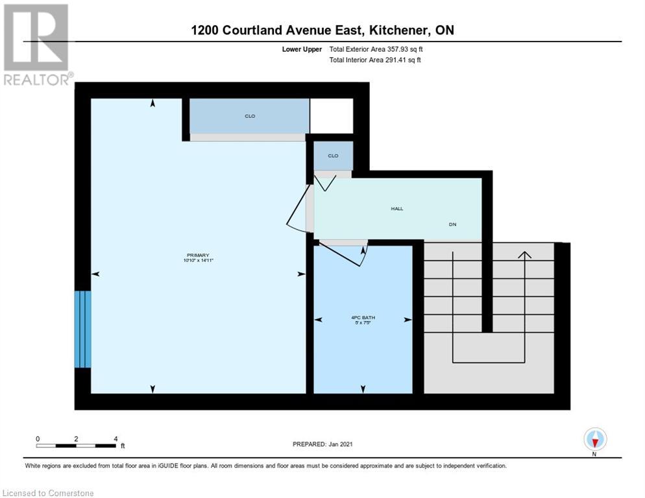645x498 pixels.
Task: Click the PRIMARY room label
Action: click(x=198, y=255)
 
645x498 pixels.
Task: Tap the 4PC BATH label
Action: click(x=362, y=317)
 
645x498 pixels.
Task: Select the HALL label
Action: click(x=396, y=209)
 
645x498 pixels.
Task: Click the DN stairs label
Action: click(x=453, y=224)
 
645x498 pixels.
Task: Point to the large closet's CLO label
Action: click(x=249, y=116)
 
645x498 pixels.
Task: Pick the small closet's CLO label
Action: click(x=333, y=156)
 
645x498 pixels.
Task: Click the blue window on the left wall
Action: click(x=83, y=329)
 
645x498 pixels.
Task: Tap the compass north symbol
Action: click(x=595, y=440)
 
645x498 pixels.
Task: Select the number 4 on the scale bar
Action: click(x=116, y=438)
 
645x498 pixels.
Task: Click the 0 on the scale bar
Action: click(x=38, y=438)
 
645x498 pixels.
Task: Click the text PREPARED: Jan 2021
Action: click(x=322, y=444)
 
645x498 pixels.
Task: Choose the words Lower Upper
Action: click(x=302, y=49)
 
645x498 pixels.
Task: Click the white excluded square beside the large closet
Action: click(x=331, y=115)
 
